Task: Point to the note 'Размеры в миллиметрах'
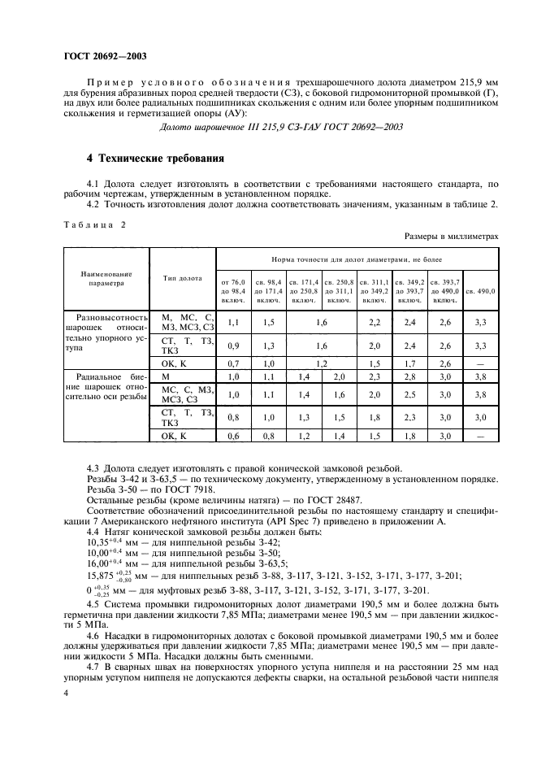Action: pos(451,236)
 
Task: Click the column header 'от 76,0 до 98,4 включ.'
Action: pos(233,290)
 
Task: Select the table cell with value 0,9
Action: pos(233,346)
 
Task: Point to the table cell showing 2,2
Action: pos(375,323)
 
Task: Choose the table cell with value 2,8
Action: pos(409,377)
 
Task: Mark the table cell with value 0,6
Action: pos(233,436)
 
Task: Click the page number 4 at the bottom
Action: pos(66,692)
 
